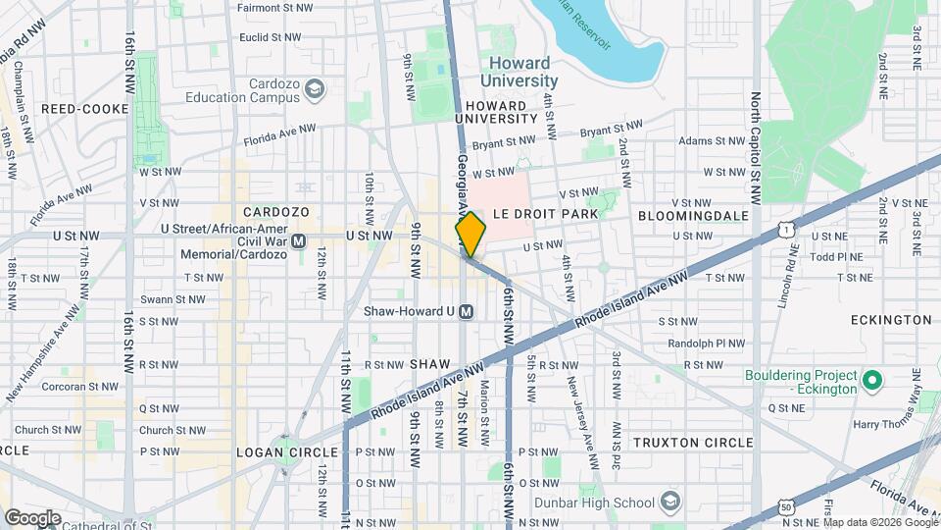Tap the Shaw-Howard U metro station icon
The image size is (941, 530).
[x=467, y=311]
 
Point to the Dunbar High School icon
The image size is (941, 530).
[x=669, y=502]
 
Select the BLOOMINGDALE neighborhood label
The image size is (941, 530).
[x=692, y=215]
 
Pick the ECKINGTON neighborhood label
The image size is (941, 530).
[x=891, y=320]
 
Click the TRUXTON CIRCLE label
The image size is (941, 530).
[x=693, y=443]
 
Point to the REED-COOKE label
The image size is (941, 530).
[x=84, y=109]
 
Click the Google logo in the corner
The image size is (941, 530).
[x=32, y=517]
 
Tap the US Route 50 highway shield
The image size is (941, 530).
[x=787, y=507]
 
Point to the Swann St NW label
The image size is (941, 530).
[x=172, y=299]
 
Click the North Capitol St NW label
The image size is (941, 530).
[x=756, y=137]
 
